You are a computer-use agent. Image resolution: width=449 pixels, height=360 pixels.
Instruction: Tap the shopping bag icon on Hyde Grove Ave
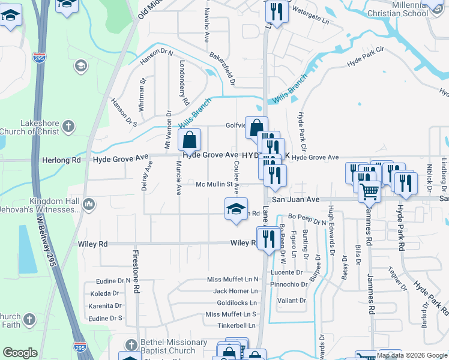tap(189, 140)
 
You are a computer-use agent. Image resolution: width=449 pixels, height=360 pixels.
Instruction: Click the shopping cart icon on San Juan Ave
tap(370, 192)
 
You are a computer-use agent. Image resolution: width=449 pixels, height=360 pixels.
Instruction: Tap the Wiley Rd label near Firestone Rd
tap(93, 244)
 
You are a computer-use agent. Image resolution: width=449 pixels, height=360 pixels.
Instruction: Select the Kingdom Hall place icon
tap(88, 205)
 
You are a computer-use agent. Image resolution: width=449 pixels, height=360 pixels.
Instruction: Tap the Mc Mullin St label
tap(214, 184)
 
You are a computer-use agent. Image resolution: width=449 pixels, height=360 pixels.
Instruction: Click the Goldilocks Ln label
tap(237, 302)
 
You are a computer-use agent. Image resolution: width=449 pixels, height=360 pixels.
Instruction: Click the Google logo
tap(20, 353)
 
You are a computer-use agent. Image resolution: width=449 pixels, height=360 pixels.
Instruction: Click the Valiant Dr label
tap(295, 300)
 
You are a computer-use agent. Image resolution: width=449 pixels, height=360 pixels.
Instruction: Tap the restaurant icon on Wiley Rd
tap(267, 238)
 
